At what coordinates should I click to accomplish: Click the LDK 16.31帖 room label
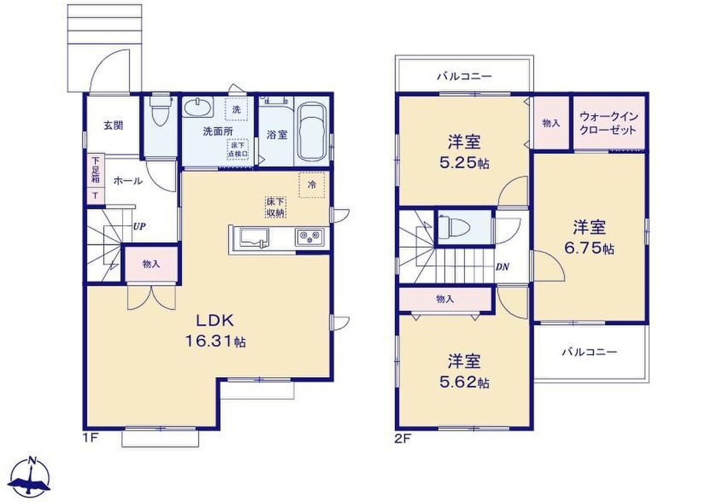coord(215,330)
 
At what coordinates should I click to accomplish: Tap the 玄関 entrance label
coord(113,125)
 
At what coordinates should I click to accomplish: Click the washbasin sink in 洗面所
coord(197,107)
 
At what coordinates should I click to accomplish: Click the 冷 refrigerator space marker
coord(312,185)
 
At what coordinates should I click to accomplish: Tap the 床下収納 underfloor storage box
coord(275,208)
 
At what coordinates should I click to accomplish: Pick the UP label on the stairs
coord(139,226)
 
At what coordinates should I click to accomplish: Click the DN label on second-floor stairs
coord(502,267)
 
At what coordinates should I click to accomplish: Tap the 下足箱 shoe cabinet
coord(95,178)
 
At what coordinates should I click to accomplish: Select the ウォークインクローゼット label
coord(609,123)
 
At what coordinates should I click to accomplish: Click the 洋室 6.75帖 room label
coord(590,237)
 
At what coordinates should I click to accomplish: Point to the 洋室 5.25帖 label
coord(464,152)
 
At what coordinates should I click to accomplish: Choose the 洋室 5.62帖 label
coord(464,371)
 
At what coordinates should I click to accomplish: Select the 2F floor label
coord(402,439)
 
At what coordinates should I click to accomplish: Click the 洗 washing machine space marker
coord(237,109)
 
